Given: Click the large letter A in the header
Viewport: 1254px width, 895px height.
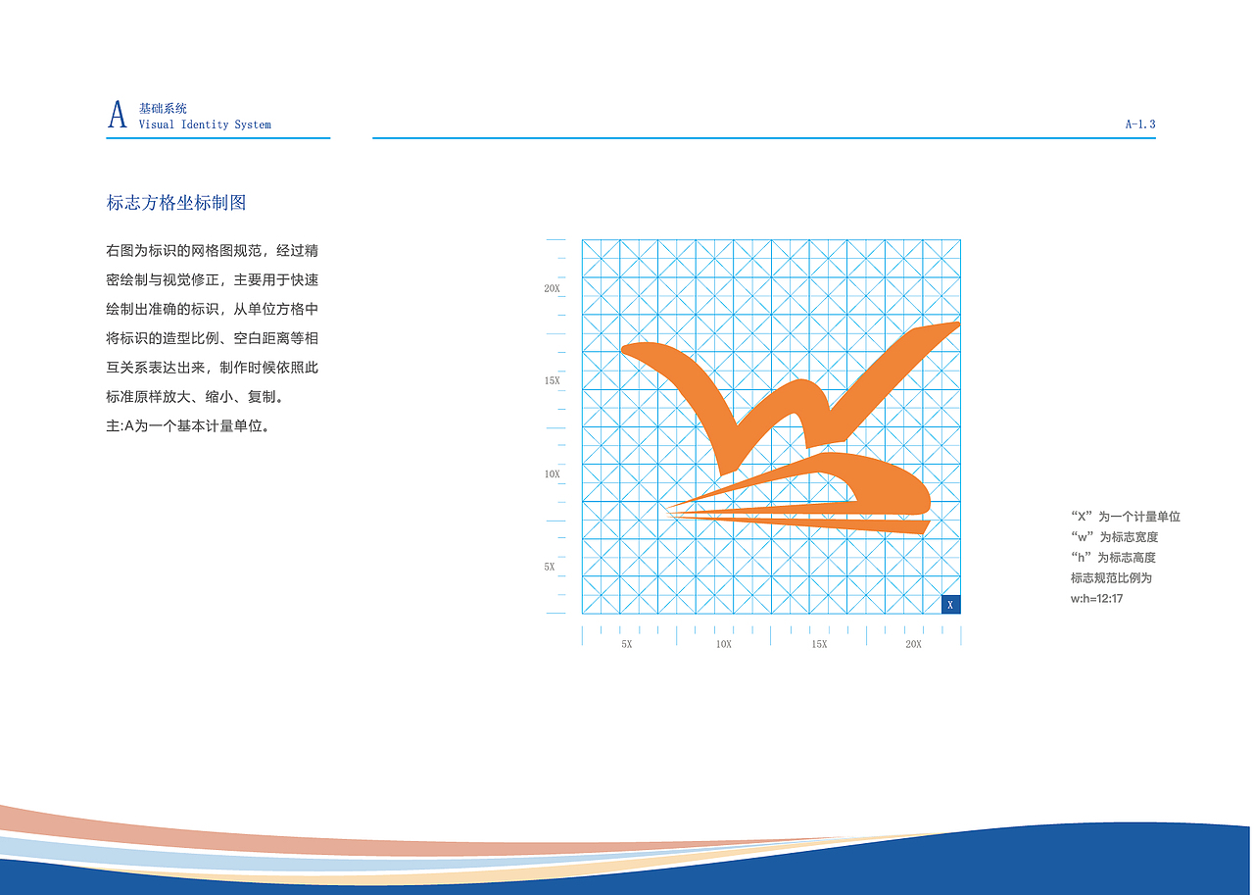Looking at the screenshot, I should point(117,115).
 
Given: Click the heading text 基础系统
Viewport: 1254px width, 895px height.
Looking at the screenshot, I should point(163,109).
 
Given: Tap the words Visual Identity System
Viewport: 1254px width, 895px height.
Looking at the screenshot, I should point(205,125).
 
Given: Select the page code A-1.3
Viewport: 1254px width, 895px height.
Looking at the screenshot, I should point(1140,124).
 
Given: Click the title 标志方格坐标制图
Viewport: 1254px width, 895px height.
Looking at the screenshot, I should point(175,203).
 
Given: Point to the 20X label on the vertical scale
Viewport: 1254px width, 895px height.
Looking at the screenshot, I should point(552,289).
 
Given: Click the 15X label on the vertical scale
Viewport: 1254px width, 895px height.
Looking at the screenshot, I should point(552,380).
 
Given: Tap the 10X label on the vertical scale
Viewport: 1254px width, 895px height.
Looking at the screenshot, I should point(552,474).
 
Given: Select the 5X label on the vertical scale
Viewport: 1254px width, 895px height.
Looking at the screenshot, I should point(550,567).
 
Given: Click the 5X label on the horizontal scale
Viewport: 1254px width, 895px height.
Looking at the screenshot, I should point(626,644).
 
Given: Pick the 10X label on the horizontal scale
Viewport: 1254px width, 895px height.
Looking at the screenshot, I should point(723,644).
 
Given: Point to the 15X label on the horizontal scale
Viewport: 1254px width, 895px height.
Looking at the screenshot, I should point(819,644).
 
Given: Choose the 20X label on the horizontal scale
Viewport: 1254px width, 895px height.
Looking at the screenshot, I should point(913,644).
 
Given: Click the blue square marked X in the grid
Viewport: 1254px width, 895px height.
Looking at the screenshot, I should point(949,605).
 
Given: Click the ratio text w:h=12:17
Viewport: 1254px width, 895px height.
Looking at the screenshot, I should point(1096,598).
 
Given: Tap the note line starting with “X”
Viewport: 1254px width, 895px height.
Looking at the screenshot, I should point(1126,517).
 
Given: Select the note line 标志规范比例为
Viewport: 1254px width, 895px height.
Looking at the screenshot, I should point(1111,577).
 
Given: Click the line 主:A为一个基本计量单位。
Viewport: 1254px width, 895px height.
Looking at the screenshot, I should point(187,426).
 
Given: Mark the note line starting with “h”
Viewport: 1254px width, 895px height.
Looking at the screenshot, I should point(1114,557).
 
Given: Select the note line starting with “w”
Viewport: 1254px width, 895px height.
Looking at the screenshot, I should point(1114,537).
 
